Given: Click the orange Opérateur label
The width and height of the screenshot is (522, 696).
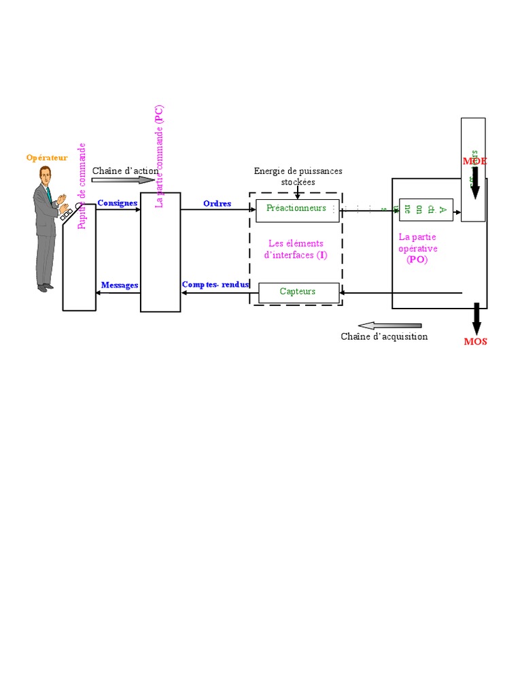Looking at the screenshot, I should (x=47, y=158).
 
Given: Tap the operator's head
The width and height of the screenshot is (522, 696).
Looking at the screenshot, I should (x=45, y=174).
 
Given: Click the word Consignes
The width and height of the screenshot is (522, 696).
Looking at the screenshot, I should (x=118, y=203).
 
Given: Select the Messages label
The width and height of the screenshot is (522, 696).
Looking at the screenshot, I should (x=120, y=285).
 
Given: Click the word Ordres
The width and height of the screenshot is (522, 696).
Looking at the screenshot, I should (x=217, y=204).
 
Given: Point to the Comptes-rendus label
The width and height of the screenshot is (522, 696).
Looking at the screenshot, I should (x=215, y=285).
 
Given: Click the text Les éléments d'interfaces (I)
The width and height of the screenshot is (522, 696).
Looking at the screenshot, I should (x=296, y=249).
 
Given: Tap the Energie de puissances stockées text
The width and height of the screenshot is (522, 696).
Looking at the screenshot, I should (x=298, y=176).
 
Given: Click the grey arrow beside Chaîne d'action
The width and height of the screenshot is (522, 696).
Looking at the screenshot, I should (x=124, y=180).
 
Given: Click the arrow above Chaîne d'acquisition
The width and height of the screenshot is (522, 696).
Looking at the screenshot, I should (x=389, y=326).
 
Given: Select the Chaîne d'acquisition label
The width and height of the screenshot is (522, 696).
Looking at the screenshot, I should (x=384, y=337).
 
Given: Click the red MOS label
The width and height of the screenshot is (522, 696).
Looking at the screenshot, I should (x=475, y=342).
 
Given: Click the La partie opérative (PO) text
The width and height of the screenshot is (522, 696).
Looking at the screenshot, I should (x=417, y=248).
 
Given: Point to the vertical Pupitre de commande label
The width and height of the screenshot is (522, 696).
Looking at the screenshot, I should (x=82, y=186).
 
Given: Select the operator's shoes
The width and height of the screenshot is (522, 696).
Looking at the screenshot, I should (x=45, y=288).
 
